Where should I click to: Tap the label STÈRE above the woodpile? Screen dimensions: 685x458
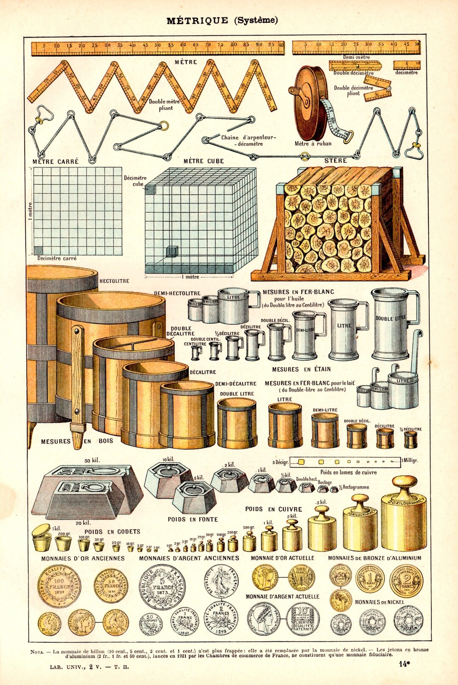pos(336,161)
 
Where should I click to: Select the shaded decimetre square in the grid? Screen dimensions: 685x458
pos(38,250)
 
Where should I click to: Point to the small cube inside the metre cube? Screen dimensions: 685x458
pos(171,251)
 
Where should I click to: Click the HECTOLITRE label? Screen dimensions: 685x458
pos(114,281)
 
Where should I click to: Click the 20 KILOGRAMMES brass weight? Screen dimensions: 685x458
pos(403,517)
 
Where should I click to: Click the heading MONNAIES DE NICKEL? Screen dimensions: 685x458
pos(379,602)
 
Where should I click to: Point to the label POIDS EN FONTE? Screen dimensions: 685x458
pos(193,519)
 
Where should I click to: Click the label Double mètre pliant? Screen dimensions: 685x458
pos(165,105)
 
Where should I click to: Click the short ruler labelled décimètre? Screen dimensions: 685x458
pos(406,65)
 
